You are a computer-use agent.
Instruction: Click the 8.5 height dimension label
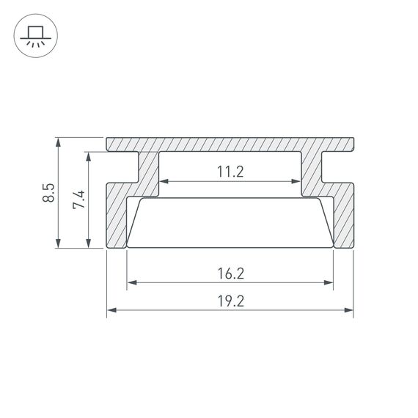(49, 194)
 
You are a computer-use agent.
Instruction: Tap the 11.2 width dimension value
(230, 172)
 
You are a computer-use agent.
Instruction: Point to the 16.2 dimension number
(230, 274)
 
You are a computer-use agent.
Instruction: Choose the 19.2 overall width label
(230, 301)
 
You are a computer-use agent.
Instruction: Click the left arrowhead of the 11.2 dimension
(164, 181)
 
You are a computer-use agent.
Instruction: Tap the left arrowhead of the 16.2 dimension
(131, 282)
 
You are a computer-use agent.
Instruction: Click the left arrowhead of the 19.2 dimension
(111, 310)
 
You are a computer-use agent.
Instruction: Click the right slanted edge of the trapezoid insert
(326, 222)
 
